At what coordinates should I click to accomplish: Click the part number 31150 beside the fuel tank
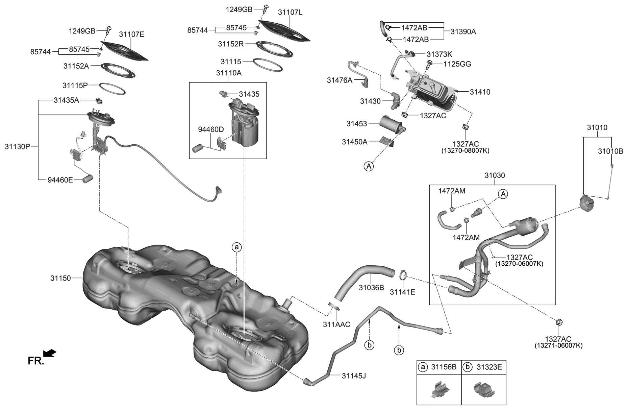[x=61, y=278]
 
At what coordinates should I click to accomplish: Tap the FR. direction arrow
[x=50, y=353]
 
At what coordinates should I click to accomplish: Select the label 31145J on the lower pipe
[x=354, y=376]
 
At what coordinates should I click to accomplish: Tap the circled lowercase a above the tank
[x=236, y=247]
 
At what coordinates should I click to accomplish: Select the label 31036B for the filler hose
[x=371, y=288]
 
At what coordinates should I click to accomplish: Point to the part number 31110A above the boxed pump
[x=229, y=73]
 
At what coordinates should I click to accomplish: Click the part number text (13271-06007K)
[x=558, y=345]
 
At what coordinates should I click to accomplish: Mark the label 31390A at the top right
[x=463, y=31]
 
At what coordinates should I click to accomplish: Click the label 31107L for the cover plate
[x=290, y=12]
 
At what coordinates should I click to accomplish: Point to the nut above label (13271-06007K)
[x=559, y=322]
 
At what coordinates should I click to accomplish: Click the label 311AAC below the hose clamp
[x=336, y=324]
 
